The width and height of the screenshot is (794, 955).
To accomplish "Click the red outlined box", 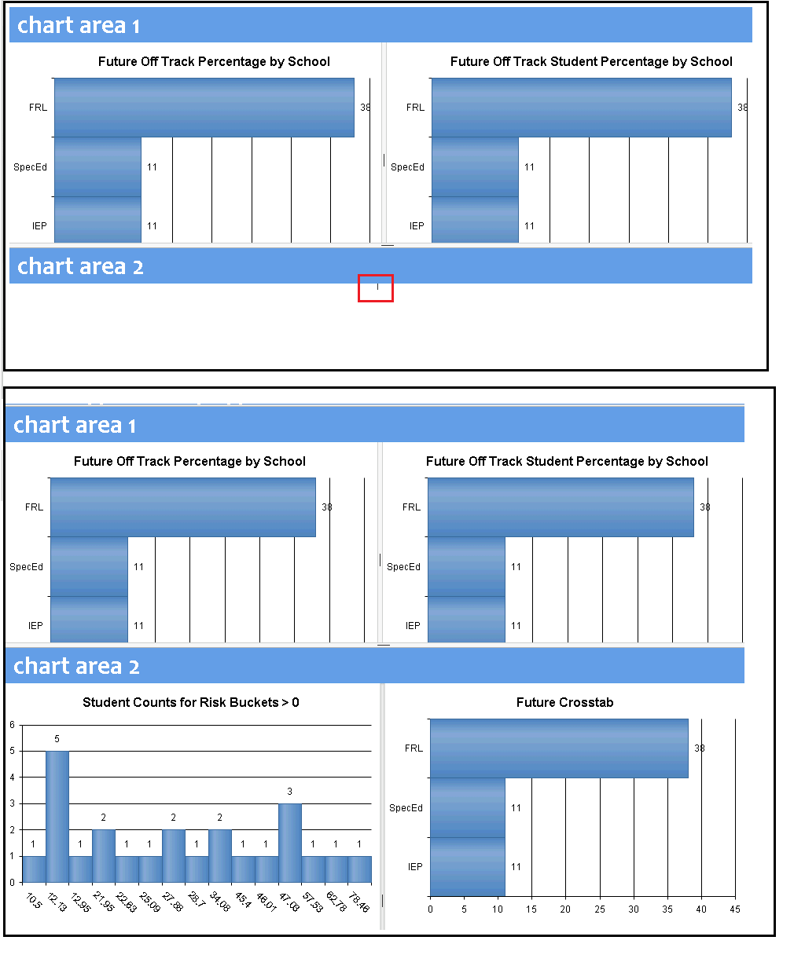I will [376, 288].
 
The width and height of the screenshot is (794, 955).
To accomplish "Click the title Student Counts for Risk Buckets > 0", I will [191, 702].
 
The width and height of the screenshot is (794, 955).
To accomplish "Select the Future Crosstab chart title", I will [564, 702].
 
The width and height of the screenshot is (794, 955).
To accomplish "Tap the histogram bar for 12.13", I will [57, 817].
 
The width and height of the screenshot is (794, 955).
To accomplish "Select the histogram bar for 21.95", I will [104, 856].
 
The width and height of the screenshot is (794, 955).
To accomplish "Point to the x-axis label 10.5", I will [34, 901].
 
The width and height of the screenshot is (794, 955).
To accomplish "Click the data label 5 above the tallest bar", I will [57, 739].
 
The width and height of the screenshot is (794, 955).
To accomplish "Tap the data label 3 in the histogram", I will [290, 792].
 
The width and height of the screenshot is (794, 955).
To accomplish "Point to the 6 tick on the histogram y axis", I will [12, 725].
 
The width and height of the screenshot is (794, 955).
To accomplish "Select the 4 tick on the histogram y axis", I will [12, 778].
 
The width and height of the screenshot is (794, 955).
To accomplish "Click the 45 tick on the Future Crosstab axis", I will [735, 909].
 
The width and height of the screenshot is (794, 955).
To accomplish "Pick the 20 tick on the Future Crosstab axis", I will [565, 909].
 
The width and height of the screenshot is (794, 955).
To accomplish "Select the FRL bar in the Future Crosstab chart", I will [558, 748].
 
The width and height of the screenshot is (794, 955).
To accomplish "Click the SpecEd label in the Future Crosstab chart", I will [406, 808].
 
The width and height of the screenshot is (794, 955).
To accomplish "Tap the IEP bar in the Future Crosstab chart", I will [467, 867].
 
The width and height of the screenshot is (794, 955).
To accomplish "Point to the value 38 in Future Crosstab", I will [700, 748].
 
